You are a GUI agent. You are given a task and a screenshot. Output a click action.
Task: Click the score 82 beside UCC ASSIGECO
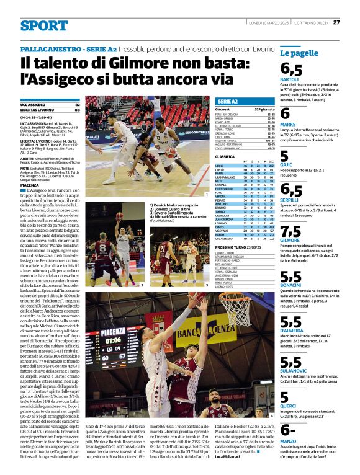pyautogui.click(x=77, y=105)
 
